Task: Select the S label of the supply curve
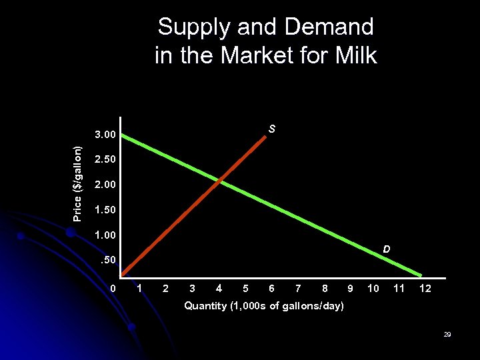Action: pos(272,129)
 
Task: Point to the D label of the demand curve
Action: pos(386,249)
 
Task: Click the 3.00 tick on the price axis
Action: pos(105,135)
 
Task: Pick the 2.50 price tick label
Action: pos(105,160)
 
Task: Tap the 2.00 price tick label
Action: pos(105,185)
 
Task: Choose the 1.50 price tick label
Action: pos(105,209)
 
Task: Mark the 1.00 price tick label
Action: pos(105,235)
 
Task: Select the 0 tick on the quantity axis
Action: pos(113,289)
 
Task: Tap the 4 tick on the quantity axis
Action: pos(219,289)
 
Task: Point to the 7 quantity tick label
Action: pos(298,289)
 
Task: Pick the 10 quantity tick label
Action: pos(373,289)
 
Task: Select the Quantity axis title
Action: pos(264,306)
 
